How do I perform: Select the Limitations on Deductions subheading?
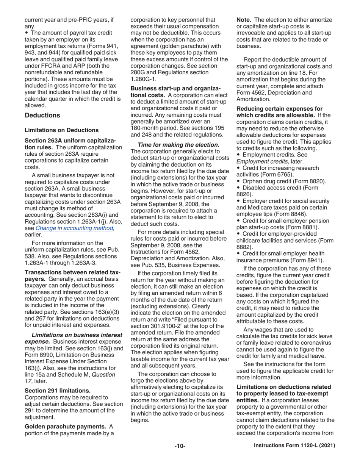click(61, 130)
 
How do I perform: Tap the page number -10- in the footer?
click(180, 446)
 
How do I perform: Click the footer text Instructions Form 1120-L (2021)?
click(294, 446)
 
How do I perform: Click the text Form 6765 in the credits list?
click(279, 174)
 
